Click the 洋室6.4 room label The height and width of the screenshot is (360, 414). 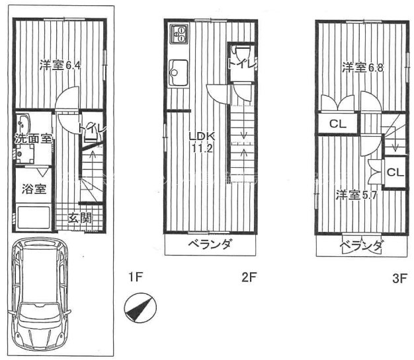pyautogui.click(x=60, y=65)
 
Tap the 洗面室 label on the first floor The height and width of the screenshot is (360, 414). pyautogui.click(x=33, y=139)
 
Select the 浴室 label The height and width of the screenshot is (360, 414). pyautogui.click(x=34, y=189)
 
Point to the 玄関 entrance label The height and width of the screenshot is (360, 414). pyautogui.click(x=79, y=218)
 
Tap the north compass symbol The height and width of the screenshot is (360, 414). pyautogui.click(x=140, y=308)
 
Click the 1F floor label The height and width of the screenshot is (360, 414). pyautogui.click(x=136, y=277)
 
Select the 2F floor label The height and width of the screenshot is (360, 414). pyautogui.click(x=249, y=277)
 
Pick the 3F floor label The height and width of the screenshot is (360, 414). pyautogui.click(x=400, y=278)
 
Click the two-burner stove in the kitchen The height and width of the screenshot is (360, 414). pyautogui.click(x=179, y=34)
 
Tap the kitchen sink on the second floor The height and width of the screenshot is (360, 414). pyautogui.click(x=179, y=73)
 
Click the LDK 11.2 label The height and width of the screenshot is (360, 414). pyautogui.click(x=202, y=143)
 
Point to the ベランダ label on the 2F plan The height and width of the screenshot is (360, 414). pyautogui.click(x=210, y=244)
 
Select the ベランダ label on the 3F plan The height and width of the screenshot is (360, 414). pyautogui.click(x=361, y=246)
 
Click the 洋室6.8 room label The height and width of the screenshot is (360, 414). pyautogui.click(x=363, y=67)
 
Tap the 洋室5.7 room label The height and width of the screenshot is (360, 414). pyautogui.click(x=356, y=195)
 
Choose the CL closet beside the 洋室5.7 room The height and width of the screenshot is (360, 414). pyautogui.click(x=395, y=172)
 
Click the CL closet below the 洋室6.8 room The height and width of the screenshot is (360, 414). pyautogui.click(x=338, y=124)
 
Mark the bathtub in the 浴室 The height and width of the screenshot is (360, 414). pyautogui.click(x=34, y=217)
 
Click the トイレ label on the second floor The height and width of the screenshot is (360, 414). pyautogui.click(x=242, y=64)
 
